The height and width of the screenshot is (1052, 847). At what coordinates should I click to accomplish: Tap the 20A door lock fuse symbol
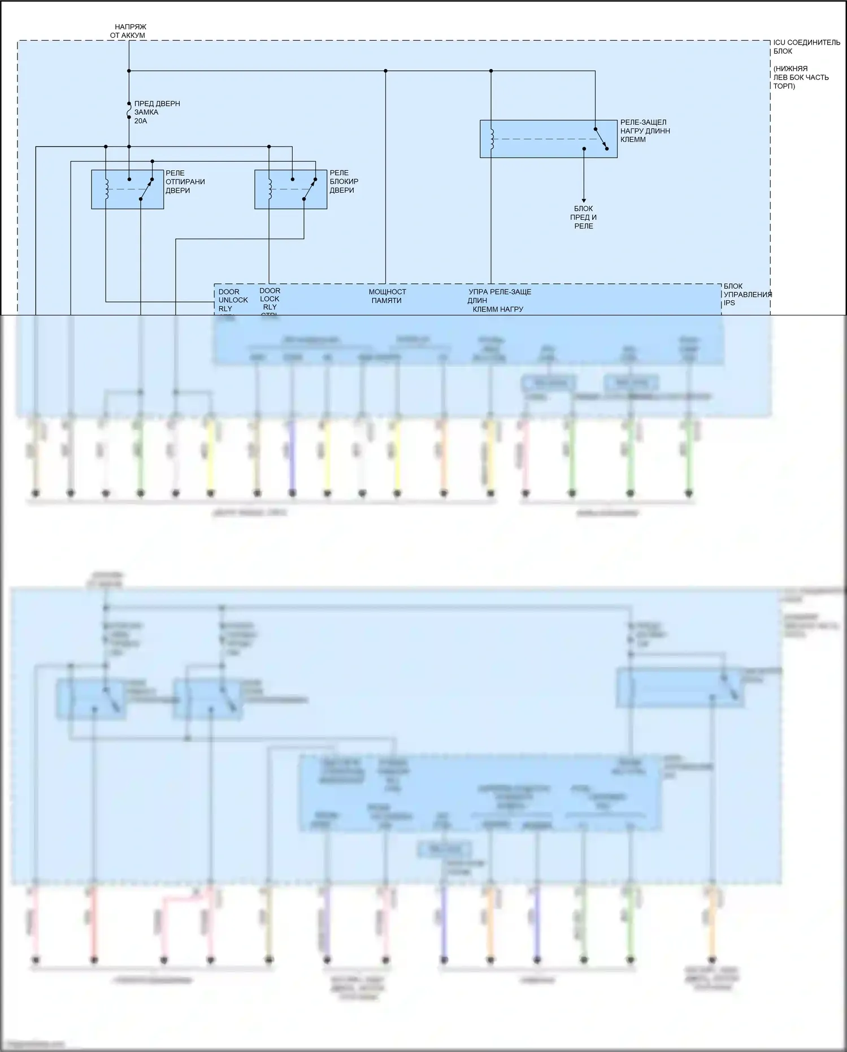click(x=129, y=111)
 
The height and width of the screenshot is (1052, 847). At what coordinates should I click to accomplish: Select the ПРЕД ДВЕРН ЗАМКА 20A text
click(x=157, y=112)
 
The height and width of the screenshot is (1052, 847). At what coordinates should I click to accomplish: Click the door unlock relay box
click(x=127, y=189)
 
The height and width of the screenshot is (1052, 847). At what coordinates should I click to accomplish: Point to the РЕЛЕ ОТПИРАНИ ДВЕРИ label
click(x=185, y=181)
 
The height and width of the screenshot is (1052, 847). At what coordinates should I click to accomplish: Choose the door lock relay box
click(x=290, y=189)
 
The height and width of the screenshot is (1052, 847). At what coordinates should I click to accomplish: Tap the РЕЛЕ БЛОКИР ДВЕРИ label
click(x=344, y=181)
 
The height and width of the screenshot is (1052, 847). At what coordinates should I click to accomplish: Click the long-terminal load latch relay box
click(x=548, y=138)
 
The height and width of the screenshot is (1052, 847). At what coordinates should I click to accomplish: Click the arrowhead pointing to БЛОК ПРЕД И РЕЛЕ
click(x=584, y=200)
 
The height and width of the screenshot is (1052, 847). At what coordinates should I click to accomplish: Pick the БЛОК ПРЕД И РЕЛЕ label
click(x=584, y=217)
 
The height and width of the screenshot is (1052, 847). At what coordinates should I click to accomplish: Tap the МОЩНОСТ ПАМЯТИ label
click(x=387, y=296)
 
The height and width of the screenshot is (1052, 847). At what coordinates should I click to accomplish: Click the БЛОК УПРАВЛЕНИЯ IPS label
click(x=747, y=294)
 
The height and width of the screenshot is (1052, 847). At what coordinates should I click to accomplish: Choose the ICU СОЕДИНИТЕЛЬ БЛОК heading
click(x=806, y=47)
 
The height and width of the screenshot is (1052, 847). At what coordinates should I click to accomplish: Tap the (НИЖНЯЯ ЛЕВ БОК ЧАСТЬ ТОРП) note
click(x=801, y=77)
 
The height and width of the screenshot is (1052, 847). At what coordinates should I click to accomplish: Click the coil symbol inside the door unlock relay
click(x=106, y=189)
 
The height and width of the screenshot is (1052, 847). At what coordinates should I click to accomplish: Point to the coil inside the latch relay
click(x=492, y=139)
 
